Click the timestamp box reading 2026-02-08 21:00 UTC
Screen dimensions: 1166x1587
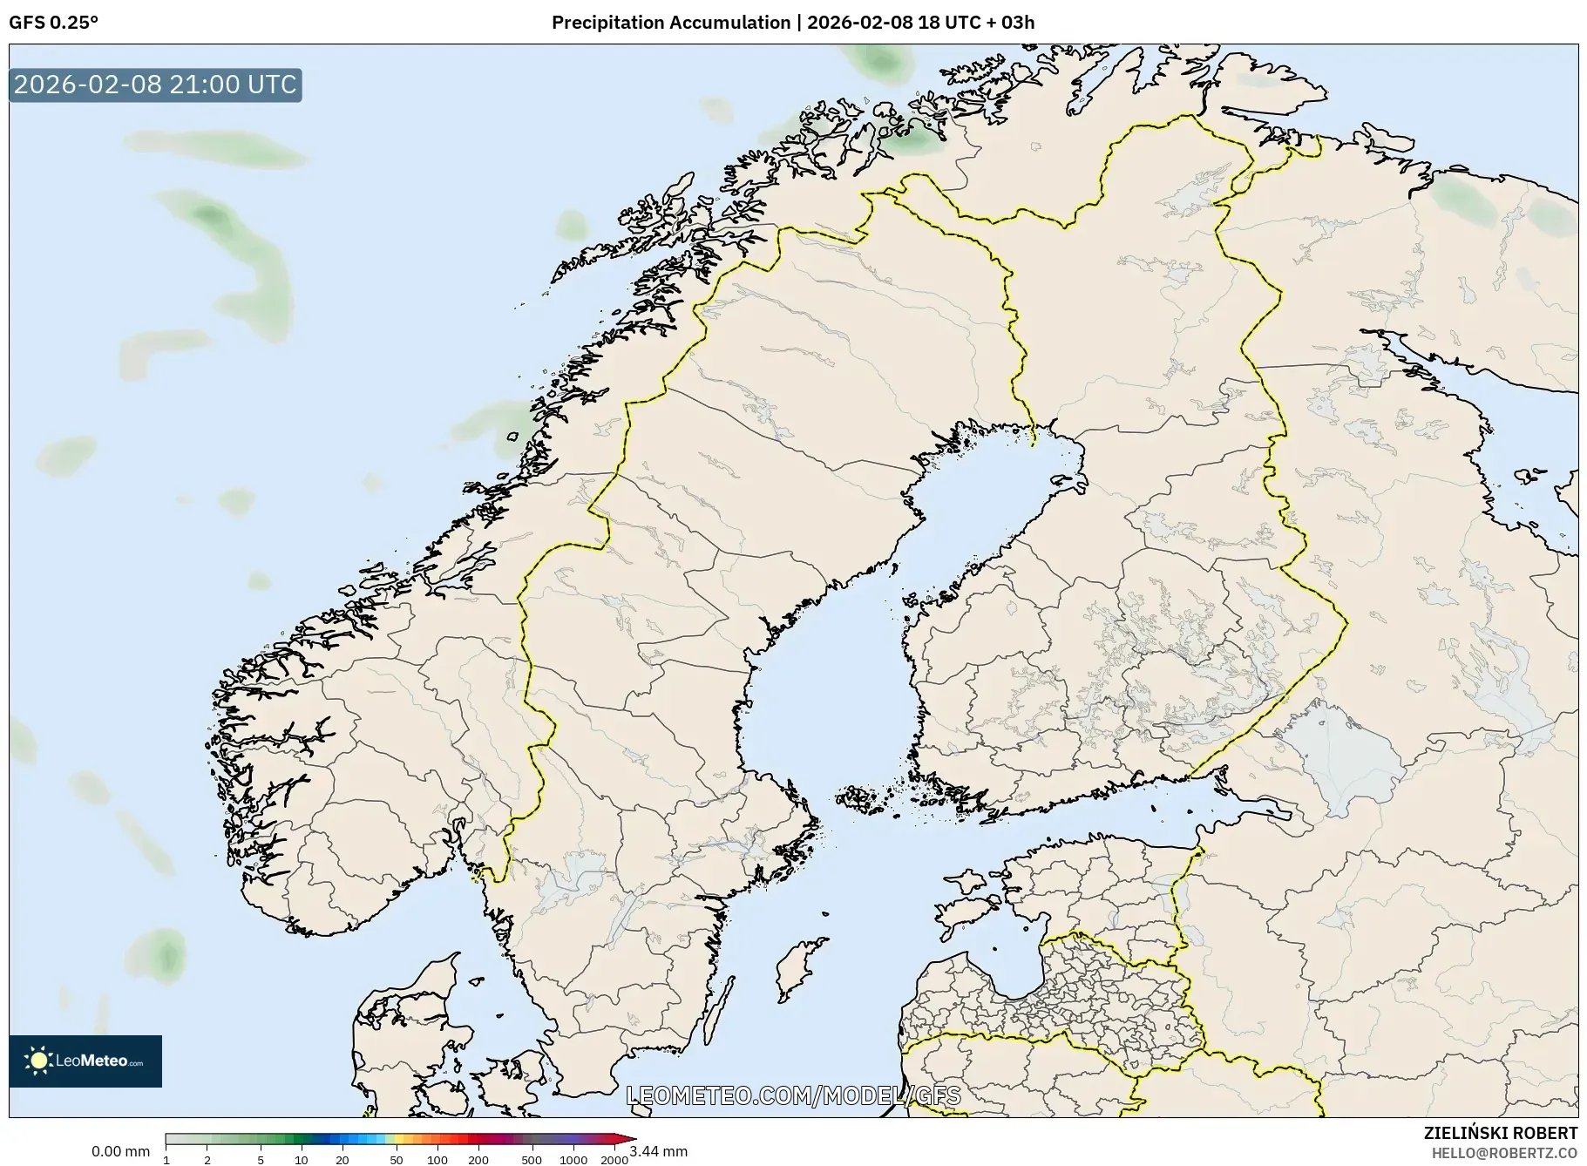[155, 85]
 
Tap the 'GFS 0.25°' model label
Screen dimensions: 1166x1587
[53, 23]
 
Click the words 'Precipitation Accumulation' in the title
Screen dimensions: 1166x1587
[670, 23]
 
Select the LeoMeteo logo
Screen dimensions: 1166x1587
[85, 1061]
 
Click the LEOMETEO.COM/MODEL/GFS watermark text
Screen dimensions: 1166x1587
[793, 1095]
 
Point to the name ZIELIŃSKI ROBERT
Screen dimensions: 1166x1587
[1500, 1133]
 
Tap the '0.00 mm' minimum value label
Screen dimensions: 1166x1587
[120, 1151]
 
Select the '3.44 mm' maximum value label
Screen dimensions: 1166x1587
[659, 1151]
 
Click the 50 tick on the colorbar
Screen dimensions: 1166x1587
[397, 1159]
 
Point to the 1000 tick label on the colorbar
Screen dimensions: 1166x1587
[573, 1159]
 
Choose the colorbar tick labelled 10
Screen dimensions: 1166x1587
[301, 1159]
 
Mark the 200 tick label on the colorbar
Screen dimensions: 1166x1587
[478, 1159]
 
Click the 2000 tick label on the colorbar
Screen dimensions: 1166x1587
[614, 1159]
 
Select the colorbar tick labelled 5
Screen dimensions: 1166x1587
[261, 1159]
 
